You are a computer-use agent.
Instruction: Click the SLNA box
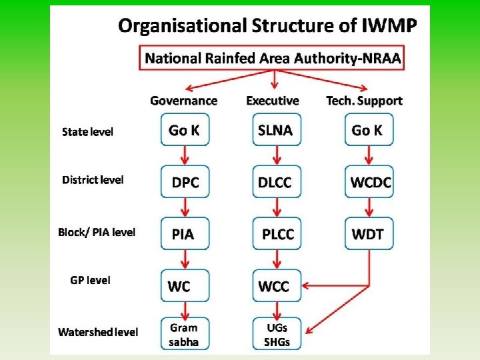[x=276, y=130]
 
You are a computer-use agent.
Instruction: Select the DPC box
[x=185, y=182]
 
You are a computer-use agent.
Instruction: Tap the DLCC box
[x=276, y=182]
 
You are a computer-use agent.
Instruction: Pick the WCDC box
[x=369, y=182]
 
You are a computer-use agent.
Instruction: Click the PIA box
[x=185, y=234]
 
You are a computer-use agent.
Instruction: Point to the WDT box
[x=369, y=234]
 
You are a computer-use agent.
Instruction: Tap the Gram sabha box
[x=185, y=335]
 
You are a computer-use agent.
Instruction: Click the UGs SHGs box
[x=276, y=335]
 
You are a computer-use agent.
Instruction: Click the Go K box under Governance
[x=185, y=130]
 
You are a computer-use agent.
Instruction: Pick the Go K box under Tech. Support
[x=369, y=130]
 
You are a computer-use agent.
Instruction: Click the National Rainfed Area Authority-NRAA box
[x=273, y=58]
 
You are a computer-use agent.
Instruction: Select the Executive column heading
[x=273, y=101]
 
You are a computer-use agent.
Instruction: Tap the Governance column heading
[x=184, y=101]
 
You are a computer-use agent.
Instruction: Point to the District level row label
[x=93, y=180]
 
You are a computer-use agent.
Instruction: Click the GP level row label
[x=90, y=280]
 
